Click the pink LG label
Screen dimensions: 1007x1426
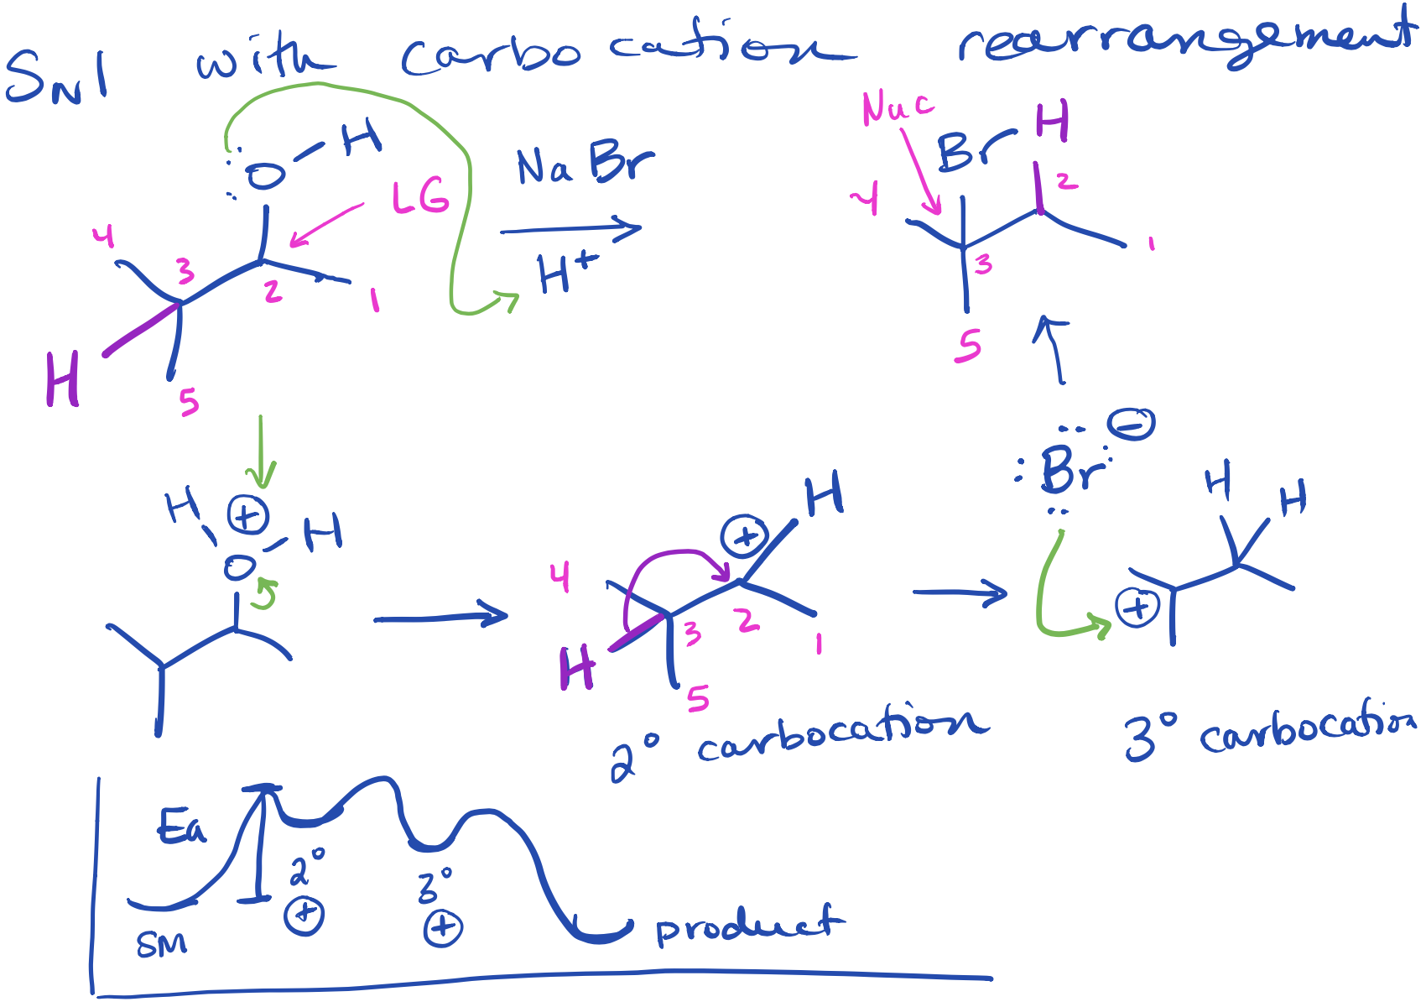point(420,198)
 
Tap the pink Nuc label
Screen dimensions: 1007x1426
point(897,108)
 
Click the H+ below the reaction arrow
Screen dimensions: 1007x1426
point(567,272)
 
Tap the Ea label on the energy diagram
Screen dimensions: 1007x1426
point(181,827)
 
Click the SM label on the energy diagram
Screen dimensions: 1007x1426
point(161,944)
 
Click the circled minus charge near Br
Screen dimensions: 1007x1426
point(1131,424)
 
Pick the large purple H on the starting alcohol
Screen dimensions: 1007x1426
point(63,379)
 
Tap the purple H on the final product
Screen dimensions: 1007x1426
point(1052,122)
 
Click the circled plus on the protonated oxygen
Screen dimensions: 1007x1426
point(247,515)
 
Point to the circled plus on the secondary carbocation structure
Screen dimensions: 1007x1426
point(745,537)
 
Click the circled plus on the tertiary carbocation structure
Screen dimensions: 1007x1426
point(1137,607)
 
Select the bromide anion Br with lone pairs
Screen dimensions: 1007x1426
point(1069,470)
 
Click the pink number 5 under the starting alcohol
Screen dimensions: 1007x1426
point(189,403)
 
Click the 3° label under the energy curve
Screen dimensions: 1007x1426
point(435,886)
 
